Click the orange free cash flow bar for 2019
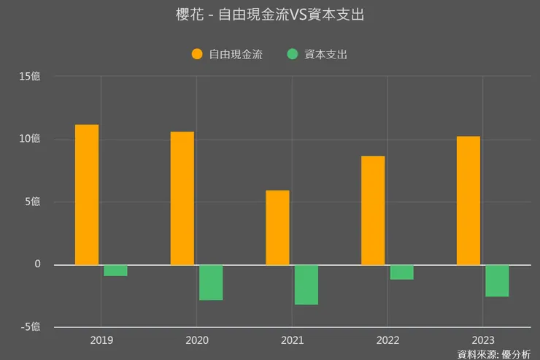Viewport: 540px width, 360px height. (86, 194)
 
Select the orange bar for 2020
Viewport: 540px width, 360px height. (182, 198)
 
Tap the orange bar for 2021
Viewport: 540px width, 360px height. (277, 227)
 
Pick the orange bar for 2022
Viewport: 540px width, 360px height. (373, 210)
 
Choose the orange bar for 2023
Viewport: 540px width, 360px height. (468, 200)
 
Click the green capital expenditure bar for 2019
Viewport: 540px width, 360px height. (115, 270)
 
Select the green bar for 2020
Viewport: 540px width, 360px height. (211, 283)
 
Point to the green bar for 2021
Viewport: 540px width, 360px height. (306, 285)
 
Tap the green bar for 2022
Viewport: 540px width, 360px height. (402, 272)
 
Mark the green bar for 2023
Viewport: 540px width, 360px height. (498, 280)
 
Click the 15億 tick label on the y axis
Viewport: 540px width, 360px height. (30, 76)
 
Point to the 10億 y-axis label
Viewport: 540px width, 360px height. (30, 139)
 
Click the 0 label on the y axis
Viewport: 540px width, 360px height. (37, 264)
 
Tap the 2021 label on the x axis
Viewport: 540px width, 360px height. (292, 340)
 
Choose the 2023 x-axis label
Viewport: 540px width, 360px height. (483, 340)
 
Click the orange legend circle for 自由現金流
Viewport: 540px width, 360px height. (197, 53)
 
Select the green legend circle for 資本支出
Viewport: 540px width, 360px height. (293, 53)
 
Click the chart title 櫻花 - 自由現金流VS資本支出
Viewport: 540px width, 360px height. (270, 15)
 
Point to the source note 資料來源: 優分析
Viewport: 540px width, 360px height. (494, 354)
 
